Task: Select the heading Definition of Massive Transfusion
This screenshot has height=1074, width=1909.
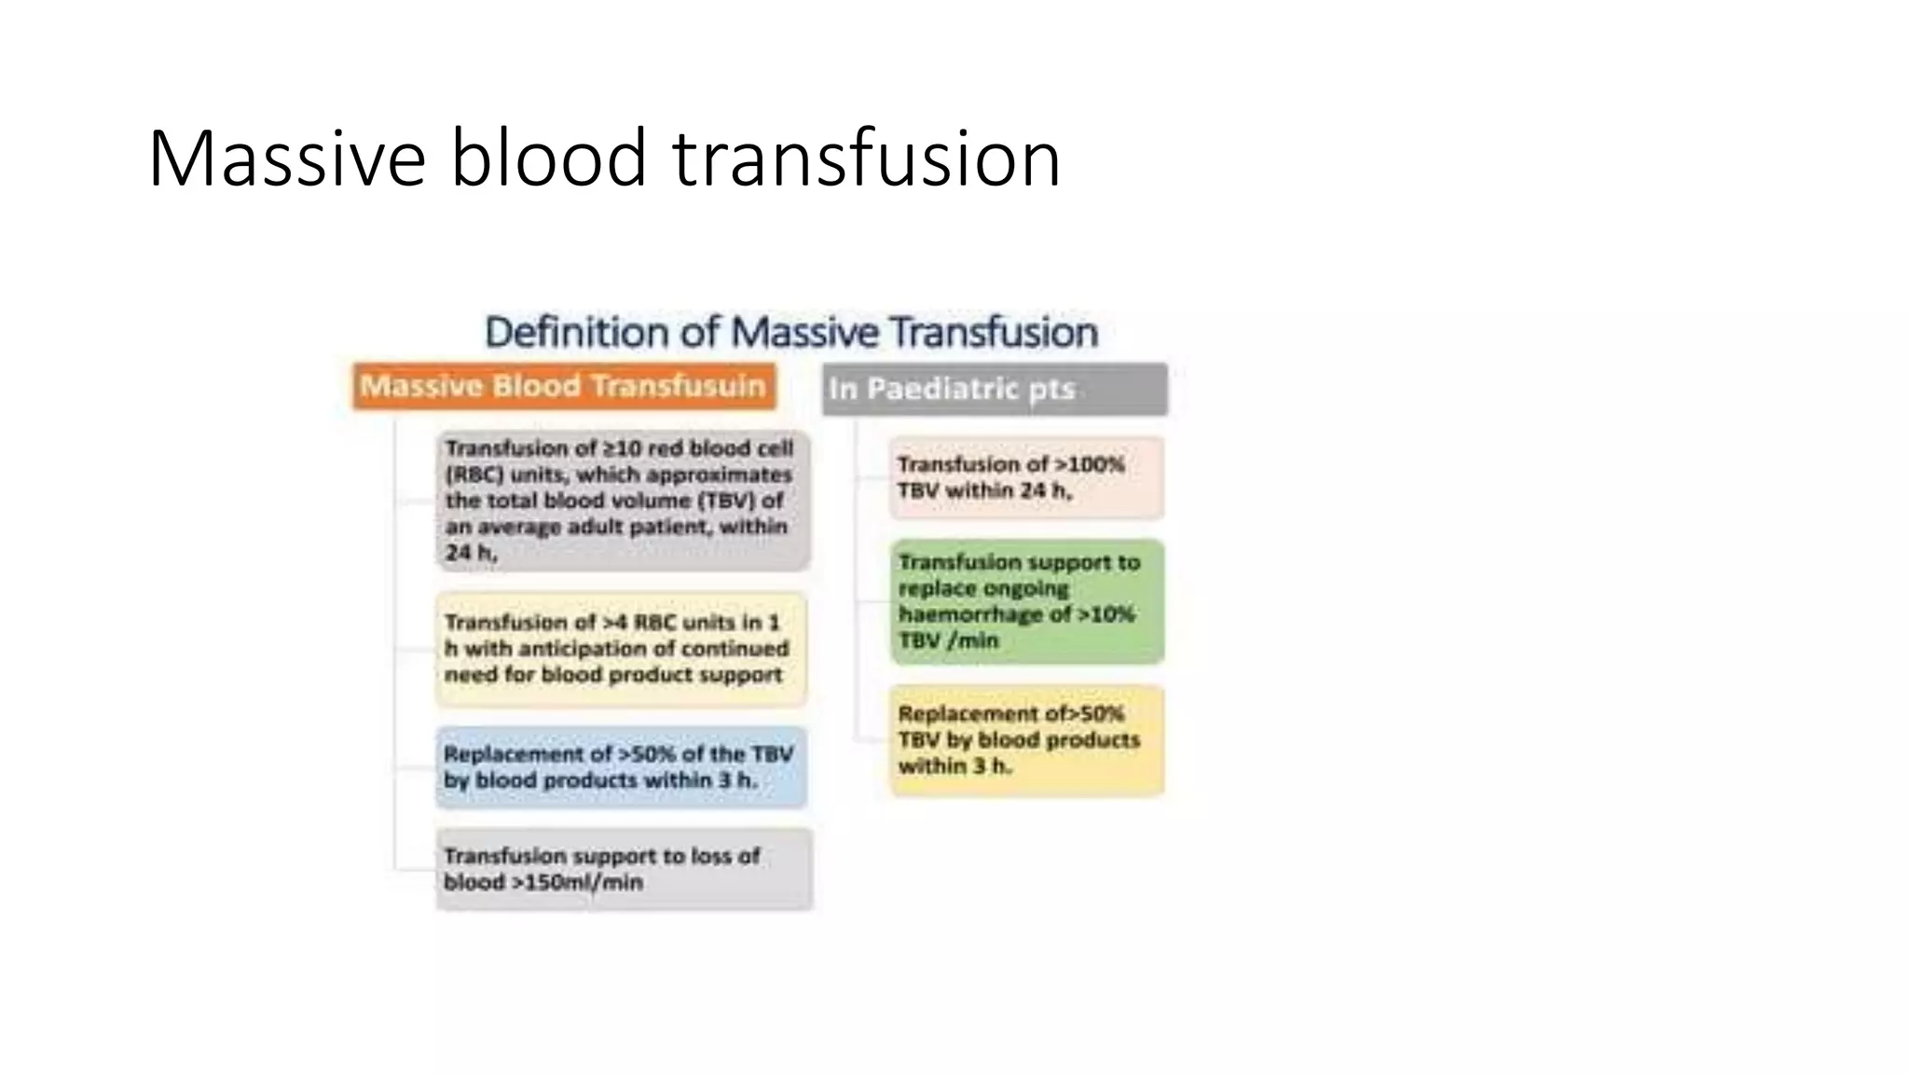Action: pos(791,333)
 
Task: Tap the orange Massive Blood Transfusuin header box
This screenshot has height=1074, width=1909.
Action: pos(563,386)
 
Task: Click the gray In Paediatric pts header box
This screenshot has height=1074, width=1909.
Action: pos(995,389)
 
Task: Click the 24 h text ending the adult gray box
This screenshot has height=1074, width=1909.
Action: pos(470,553)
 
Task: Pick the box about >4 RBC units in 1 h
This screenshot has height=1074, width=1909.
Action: pos(621,649)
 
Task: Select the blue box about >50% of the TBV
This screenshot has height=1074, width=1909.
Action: pos(621,767)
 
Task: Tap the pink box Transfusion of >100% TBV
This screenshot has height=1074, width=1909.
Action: pos(1026,477)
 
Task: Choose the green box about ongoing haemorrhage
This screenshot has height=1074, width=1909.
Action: pos(1026,601)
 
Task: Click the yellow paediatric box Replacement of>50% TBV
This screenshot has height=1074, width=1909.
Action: pos(1026,740)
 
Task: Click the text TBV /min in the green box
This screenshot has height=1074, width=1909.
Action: pos(948,640)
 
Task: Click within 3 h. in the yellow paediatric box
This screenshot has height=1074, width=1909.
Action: pos(954,766)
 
